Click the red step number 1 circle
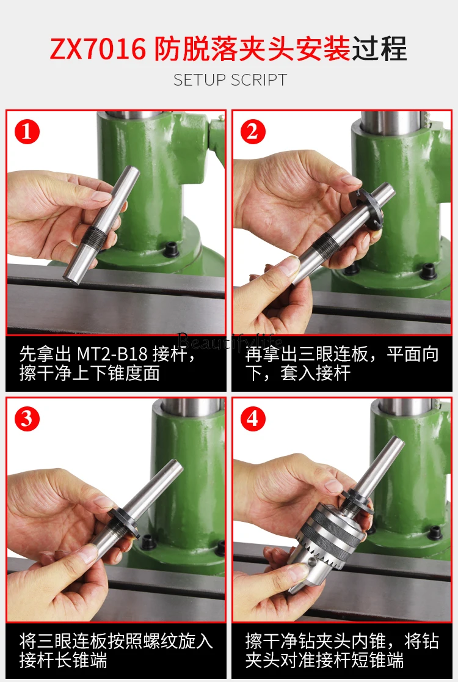point(27,131)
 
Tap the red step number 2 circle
point(253,131)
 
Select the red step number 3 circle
point(27,419)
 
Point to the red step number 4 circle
point(253,419)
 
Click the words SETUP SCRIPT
point(230,80)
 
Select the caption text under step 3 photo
point(116,650)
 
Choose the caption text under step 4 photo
point(342,650)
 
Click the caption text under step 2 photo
point(342,364)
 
